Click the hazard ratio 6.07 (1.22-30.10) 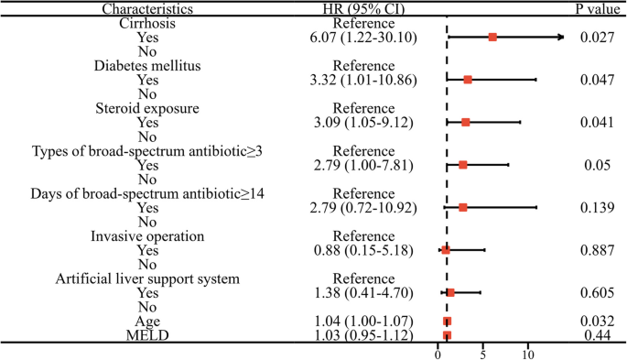click(363, 38)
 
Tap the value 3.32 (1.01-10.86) click(363, 80)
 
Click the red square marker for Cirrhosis click(492, 38)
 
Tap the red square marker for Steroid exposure click(466, 122)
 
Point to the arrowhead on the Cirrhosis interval click(560, 38)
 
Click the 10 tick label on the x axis click(528, 353)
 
